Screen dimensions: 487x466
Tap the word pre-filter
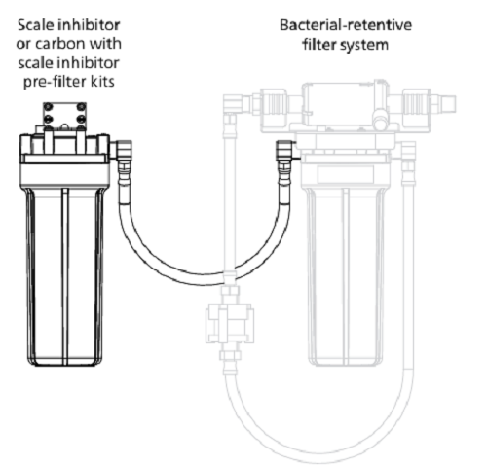coord(54,82)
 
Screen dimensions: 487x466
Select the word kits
coord(102,81)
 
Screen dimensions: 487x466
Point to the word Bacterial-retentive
coord(346,25)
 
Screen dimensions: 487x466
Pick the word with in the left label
coord(103,43)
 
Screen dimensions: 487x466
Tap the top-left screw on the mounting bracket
coord(48,107)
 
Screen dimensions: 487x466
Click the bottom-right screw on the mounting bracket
coord(82,119)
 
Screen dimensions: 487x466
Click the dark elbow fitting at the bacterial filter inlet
coord(285,151)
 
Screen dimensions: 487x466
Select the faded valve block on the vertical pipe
coord(230,323)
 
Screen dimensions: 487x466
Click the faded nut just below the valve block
coord(230,355)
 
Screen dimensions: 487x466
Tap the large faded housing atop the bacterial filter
coord(346,107)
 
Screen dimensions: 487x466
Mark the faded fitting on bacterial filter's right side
coord(408,163)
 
